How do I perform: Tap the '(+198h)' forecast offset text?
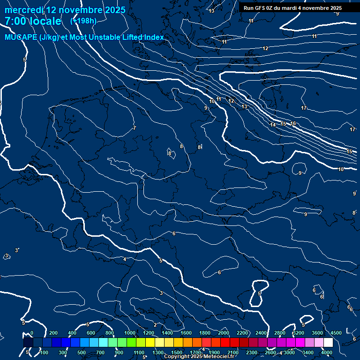(83, 21)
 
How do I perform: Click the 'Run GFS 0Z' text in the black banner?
(258, 8)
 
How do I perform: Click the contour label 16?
(293, 123)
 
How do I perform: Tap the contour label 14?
(273, 125)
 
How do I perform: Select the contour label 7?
(135, 128)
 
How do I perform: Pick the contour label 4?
(125, 259)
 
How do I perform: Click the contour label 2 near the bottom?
(155, 325)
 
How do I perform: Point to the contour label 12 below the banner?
(265, 48)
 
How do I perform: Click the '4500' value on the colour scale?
(336, 333)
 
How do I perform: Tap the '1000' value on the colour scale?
(129, 333)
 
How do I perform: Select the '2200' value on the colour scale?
(242, 333)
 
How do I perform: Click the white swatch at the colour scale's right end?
(328, 343)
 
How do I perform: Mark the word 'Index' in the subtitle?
(153, 37)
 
